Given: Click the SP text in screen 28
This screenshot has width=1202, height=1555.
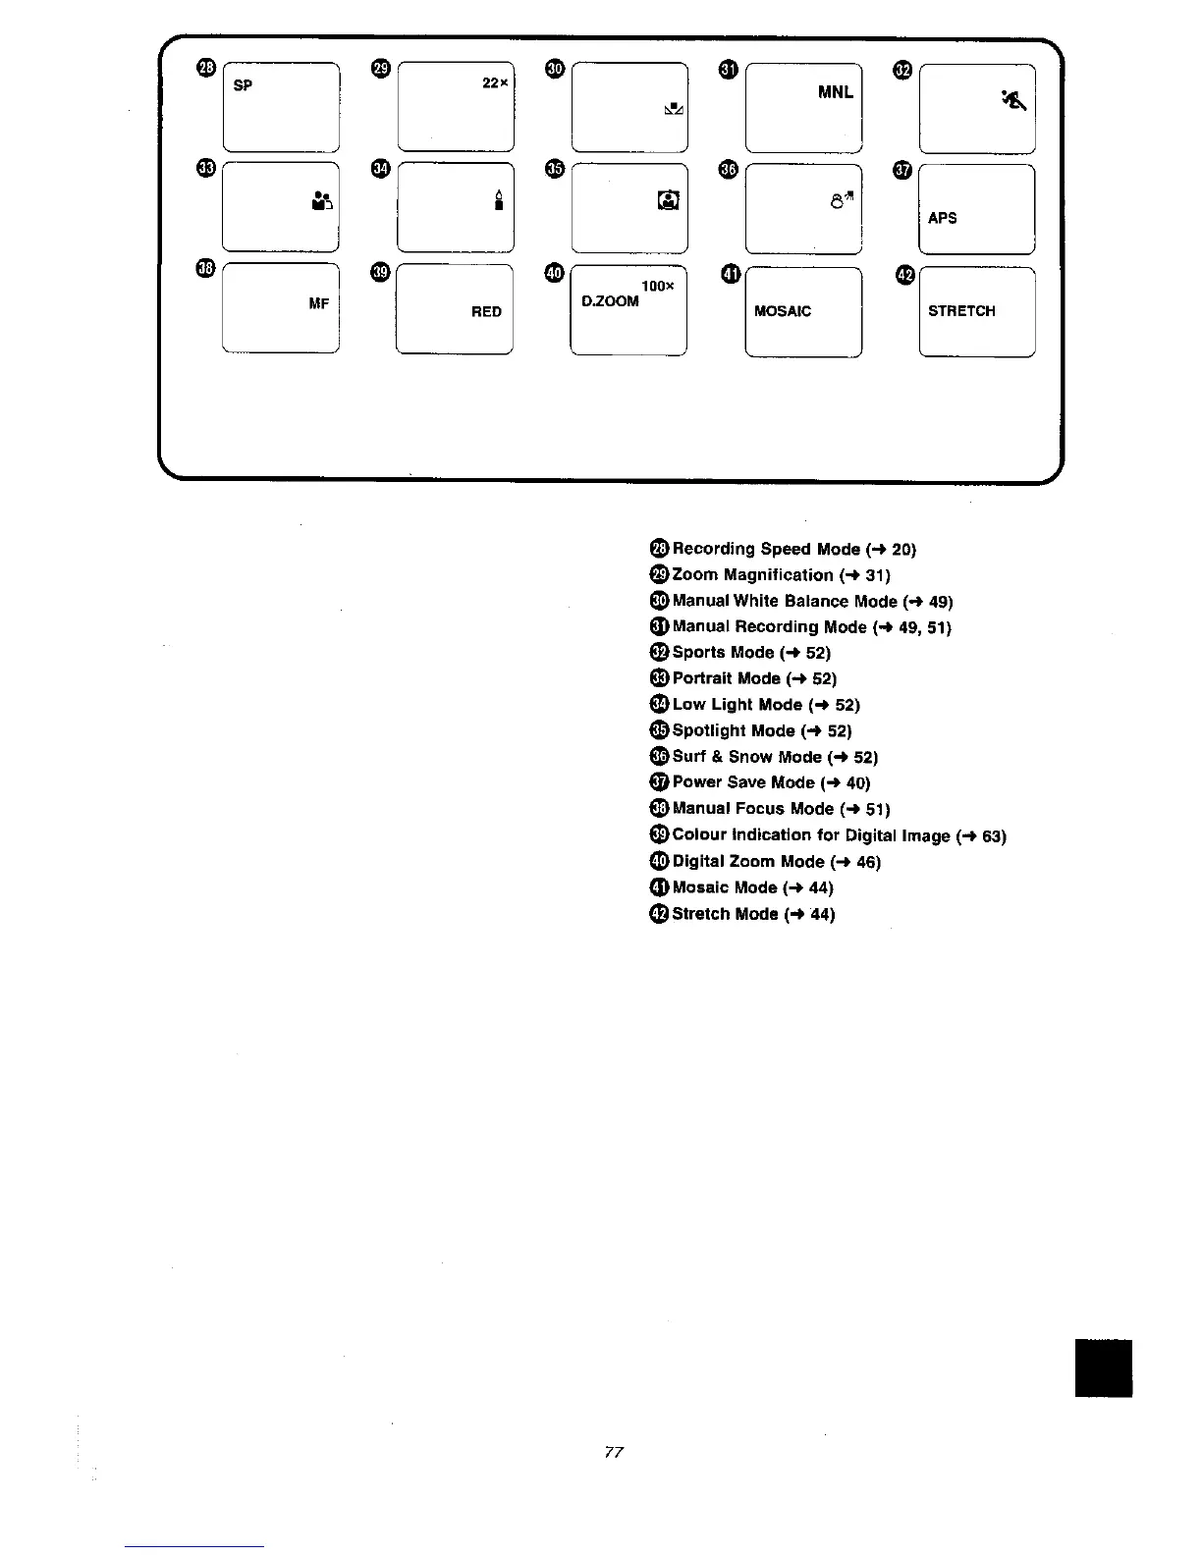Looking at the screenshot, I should point(244,85).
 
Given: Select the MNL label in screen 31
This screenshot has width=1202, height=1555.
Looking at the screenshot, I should point(836,93).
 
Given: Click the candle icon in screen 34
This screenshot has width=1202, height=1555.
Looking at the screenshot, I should point(499,201).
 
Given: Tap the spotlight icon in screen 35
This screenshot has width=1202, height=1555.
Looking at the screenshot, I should point(668,201).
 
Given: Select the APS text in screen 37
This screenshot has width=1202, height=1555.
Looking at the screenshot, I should point(942,218).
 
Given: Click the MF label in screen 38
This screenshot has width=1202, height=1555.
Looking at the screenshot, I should point(319,304).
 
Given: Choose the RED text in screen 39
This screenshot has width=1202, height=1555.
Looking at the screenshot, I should point(486,312).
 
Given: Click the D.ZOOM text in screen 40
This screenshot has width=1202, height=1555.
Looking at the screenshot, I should point(610,301).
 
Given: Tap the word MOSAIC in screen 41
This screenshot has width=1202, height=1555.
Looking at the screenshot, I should point(783,312).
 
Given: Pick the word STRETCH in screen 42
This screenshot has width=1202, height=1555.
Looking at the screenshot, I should point(961,311).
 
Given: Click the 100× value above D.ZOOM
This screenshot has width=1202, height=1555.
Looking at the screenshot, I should point(657,286).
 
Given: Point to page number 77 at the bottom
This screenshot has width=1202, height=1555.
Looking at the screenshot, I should point(615,1452).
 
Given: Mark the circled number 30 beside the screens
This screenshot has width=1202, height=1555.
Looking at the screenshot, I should point(555,68).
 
